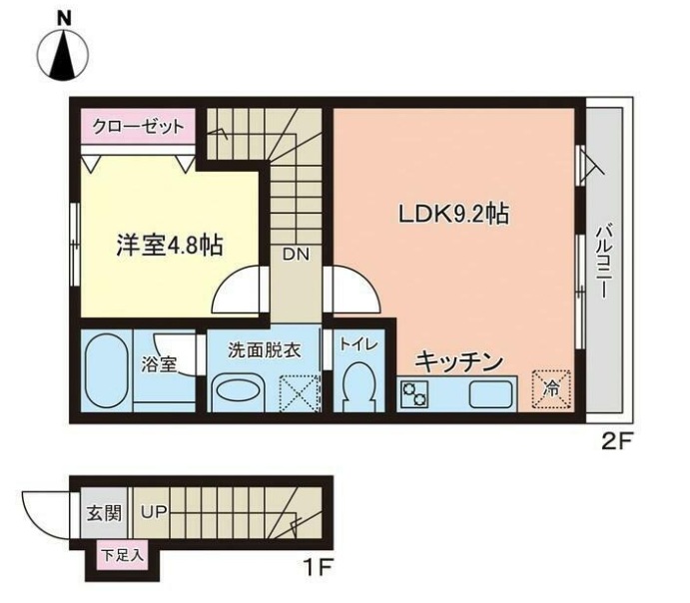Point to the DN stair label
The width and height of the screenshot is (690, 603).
[295, 254]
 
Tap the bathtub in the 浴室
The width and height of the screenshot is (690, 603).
[104, 370]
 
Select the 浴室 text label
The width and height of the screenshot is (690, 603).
[159, 364]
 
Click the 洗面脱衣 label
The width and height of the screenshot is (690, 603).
[264, 350]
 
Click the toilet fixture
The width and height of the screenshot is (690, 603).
[356, 384]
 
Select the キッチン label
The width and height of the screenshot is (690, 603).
[457, 361]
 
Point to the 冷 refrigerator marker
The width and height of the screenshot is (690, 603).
[550, 390]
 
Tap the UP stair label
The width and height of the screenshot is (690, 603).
[153, 513]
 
